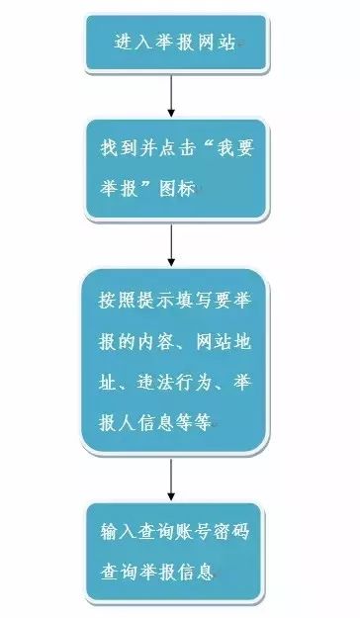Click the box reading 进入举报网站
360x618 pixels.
(176, 44)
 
